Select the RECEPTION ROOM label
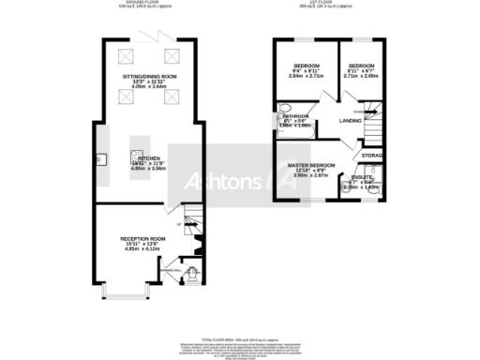click(142, 239)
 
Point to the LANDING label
click(351, 121)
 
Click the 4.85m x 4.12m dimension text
click(142, 252)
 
